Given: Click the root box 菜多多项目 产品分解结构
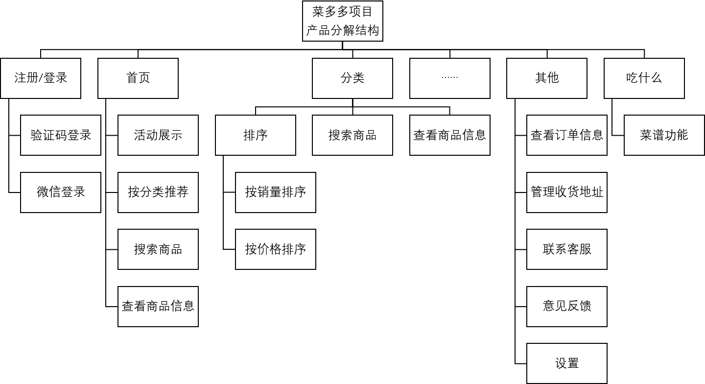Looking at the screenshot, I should tap(342, 21).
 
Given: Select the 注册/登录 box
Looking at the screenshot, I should tap(41, 78).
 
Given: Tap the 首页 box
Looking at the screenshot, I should tap(138, 78).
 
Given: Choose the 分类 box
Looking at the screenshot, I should tap(352, 78).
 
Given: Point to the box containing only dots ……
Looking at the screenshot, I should tap(449, 78).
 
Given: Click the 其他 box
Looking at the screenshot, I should tap(547, 78).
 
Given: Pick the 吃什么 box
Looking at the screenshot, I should tap(644, 78).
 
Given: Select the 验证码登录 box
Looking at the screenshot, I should tap(61, 135).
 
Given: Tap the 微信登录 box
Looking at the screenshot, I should tap(61, 192).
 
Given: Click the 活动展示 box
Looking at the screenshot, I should tap(158, 135).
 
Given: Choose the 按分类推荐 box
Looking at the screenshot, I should tap(158, 192).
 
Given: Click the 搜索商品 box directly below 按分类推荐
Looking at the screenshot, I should tap(158, 249).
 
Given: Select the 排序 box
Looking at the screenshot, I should tap(256, 135).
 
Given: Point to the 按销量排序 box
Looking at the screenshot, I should tap(276, 192).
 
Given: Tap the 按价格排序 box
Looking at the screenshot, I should tap(276, 249).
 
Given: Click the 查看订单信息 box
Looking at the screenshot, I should tap(567, 135).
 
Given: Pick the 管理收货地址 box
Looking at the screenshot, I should tap(567, 192).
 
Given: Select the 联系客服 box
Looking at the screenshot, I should tap(567, 249).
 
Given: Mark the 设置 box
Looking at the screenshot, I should tap(567, 363).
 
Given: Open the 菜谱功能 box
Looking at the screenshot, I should tap(664, 135).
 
